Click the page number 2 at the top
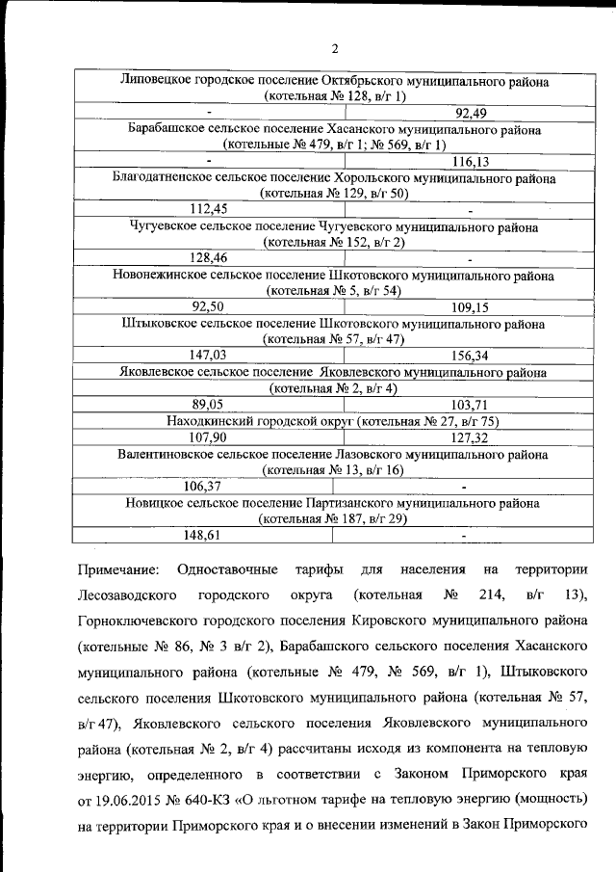tap(334, 49)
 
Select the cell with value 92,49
tap(470, 113)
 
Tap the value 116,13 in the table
tap(470, 161)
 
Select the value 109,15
tap(470, 306)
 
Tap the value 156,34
tap(470, 355)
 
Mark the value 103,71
tap(470, 404)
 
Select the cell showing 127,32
tap(470, 436)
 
